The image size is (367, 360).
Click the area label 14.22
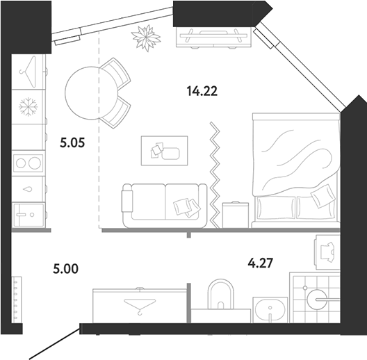[202, 91]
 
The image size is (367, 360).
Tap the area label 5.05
[72, 142]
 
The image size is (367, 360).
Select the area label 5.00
[66, 269]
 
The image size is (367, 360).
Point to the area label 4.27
[261, 263]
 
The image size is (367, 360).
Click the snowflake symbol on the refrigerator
[28, 107]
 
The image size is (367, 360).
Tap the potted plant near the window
[146, 38]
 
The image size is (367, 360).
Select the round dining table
[91, 93]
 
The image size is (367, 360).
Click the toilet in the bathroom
[221, 294]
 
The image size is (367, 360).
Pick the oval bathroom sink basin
[270, 309]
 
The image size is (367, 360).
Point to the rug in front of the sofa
[164, 151]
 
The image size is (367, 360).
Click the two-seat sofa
[164, 206]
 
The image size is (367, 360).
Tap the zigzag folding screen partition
[215, 175]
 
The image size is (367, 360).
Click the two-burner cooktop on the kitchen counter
[28, 163]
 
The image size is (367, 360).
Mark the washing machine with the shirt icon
[327, 252]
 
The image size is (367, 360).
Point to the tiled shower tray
[315, 297]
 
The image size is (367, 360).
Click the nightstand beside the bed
[236, 215]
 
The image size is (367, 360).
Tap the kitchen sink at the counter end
[28, 215]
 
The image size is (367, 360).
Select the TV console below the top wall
[213, 38]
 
